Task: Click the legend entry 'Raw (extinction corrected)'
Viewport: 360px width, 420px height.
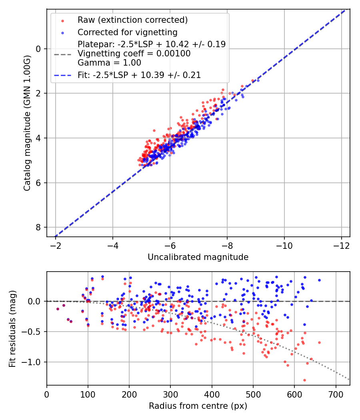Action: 132,20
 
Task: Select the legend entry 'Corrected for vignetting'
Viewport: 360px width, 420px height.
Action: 127,32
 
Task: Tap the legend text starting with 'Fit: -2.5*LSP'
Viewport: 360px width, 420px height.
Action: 139,75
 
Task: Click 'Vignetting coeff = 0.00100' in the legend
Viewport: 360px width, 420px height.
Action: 134,54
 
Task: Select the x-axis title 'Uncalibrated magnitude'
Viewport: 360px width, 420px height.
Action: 198,257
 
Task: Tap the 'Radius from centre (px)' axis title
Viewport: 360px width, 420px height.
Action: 198,406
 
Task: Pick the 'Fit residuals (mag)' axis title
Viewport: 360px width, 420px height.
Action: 13,328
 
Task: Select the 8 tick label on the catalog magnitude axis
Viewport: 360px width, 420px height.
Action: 39,227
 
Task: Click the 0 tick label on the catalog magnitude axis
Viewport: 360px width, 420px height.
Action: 39,49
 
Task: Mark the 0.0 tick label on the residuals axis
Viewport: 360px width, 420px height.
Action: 34,301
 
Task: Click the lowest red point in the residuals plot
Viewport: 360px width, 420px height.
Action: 304,380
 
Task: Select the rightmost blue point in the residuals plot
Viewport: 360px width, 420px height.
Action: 319,280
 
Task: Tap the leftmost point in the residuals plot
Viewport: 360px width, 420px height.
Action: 58,309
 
